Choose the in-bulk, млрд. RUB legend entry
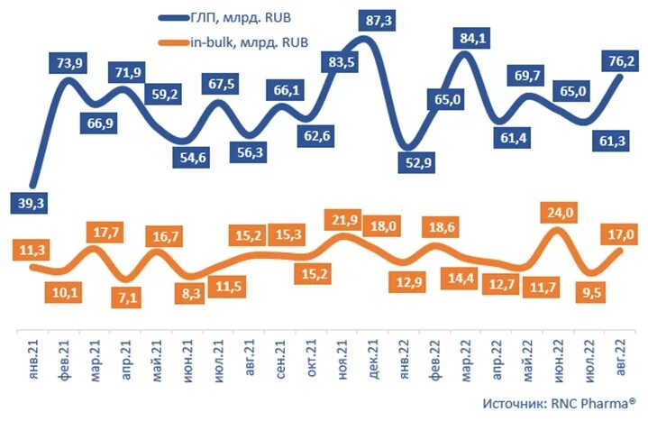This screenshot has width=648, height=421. coord(239,41)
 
